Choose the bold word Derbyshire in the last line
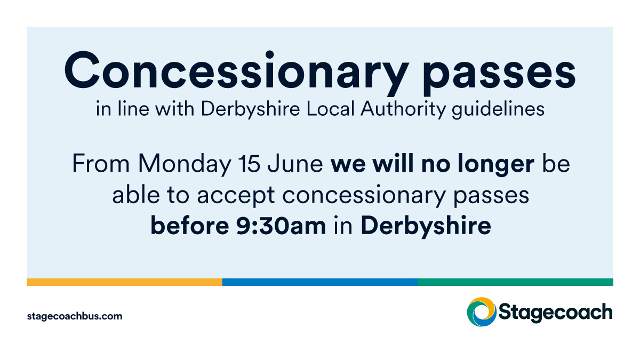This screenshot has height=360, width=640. pos(426,227)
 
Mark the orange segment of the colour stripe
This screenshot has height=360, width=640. pos(124,282)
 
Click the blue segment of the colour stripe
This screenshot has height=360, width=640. pos(320,282)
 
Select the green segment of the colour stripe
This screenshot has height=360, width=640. pos(515,282)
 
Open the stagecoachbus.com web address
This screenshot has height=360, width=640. pos(75,316)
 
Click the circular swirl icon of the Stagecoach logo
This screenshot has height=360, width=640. pos(481,311)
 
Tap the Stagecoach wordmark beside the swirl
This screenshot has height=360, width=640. pos(555,313)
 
